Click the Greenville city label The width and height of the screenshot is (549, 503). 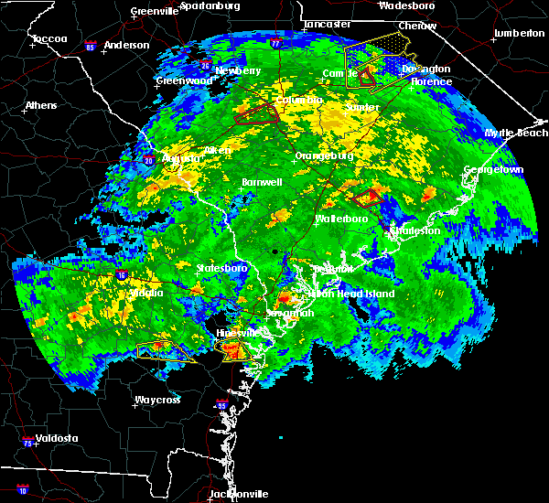coord(155,11)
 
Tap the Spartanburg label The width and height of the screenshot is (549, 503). coord(210,5)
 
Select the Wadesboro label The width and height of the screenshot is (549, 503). coord(406,5)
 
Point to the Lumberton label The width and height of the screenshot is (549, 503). coord(519,33)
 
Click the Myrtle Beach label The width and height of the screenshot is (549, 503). coord(516,133)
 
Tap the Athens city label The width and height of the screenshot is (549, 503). coord(40,105)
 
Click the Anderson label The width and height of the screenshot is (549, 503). coord(126,45)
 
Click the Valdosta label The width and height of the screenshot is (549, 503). coord(54,438)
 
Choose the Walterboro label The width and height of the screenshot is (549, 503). coord(341,219)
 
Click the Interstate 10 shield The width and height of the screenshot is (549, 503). coord(23,491)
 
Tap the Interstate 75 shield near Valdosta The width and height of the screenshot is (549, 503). coord(23,442)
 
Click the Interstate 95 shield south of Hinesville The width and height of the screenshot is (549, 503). coord(220,404)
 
